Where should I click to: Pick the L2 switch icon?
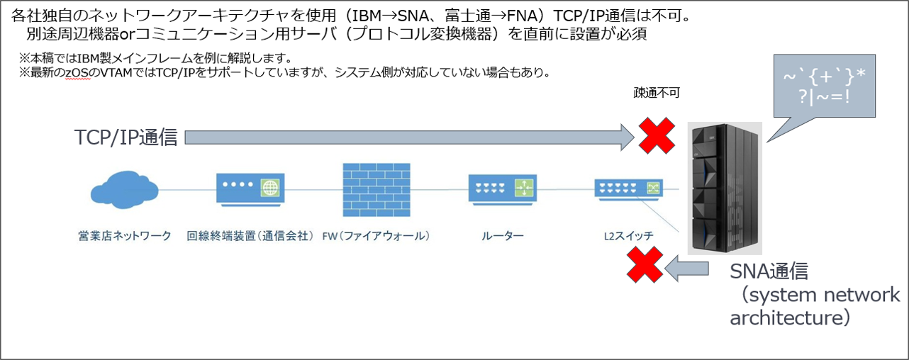(627, 188)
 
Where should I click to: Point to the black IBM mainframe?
(725, 188)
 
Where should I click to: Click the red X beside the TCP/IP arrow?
(657, 135)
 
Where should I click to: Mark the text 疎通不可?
(655, 93)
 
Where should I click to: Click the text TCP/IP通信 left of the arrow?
(126, 137)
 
